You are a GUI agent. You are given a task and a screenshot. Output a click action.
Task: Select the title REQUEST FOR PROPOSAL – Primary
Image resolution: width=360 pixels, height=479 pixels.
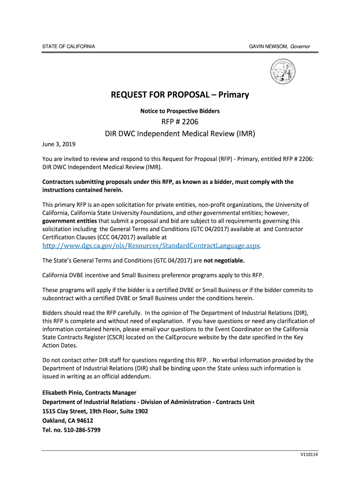180,95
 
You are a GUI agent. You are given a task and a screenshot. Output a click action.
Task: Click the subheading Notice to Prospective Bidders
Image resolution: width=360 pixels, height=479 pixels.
180,111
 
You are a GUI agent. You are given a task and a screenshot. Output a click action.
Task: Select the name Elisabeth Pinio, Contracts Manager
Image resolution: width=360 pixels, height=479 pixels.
89,392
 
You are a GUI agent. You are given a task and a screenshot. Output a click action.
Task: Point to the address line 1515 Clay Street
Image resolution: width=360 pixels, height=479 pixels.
95,411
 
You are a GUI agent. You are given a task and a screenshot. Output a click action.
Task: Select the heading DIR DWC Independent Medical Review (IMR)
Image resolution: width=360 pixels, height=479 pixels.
180,133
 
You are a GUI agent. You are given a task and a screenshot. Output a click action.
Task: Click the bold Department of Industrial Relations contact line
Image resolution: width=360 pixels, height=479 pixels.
148,402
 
